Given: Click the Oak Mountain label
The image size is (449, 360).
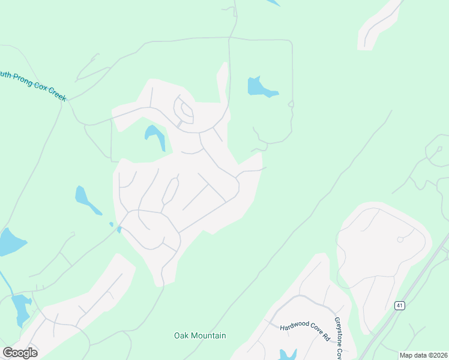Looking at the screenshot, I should click(x=200, y=335).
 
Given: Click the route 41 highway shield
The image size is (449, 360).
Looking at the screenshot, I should click(x=400, y=305).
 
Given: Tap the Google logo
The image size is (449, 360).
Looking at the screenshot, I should click(x=20, y=353).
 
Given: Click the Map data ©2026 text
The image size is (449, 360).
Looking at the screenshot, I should click(x=423, y=355).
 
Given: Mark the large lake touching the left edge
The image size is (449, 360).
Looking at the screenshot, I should click(x=9, y=241).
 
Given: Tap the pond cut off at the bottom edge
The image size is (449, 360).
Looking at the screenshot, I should click(x=288, y=354).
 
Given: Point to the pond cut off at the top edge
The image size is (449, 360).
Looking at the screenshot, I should click(x=273, y=2).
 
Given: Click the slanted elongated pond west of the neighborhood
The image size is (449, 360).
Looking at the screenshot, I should click(x=86, y=200).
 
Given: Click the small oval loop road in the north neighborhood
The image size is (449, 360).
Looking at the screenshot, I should click(x=184, y=110).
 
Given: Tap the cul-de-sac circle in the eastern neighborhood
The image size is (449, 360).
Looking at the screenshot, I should click(x=400, y=239).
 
